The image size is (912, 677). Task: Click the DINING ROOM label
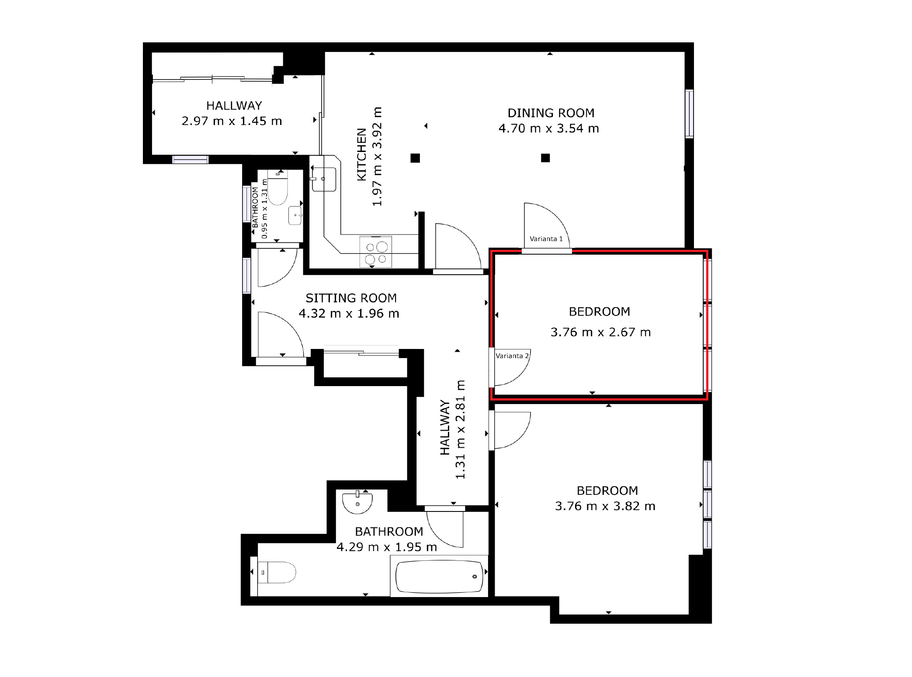click(551, 113)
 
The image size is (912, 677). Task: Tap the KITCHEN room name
click(362, 154)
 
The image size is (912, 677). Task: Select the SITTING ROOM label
click(351, 298)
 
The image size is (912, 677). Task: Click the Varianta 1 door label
click(546, 239)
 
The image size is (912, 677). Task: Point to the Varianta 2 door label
click(512, 356)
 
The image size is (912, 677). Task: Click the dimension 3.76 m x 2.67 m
click(600, 332)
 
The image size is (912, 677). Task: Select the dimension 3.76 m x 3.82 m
click(605, 506)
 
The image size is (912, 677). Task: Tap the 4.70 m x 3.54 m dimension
click(548, 128)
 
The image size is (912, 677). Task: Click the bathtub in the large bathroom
click(439, 576)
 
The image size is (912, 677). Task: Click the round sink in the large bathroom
click(357, 502)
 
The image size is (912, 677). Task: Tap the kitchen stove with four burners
click(376, 252)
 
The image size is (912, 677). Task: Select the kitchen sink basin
click(324, 179)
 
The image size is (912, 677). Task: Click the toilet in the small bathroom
click(277, 189)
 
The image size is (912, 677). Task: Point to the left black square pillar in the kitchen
click(415, 158)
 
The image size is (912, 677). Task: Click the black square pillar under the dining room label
click(545, 158)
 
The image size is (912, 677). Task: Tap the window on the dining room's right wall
click(689, 114)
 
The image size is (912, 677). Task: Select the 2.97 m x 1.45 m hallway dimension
click(232, 121)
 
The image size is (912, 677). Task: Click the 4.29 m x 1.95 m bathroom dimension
click(387, 547)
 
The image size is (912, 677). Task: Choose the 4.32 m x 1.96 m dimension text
click(349, 314)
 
